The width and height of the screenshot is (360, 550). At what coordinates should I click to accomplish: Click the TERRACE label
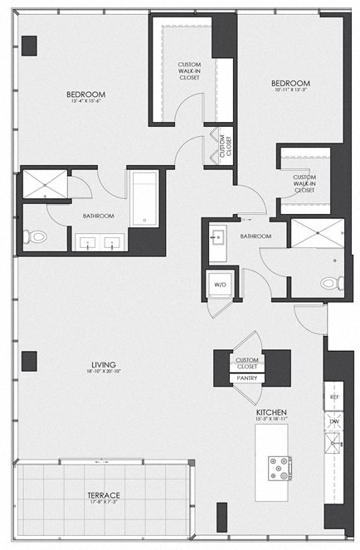[104, 495]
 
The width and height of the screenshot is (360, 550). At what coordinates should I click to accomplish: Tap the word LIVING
[104, 364]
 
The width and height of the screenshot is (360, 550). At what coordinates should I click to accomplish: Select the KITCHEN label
[271, 412]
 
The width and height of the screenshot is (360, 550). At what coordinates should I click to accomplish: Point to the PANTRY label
[247, 377]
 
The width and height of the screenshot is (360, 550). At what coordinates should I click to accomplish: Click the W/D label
[221, 285]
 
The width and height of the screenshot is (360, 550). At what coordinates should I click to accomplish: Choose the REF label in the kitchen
[334, 397]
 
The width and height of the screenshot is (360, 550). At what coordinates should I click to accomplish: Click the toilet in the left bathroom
[36, 237]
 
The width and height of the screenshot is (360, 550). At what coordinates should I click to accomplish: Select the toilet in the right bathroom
[330, 284]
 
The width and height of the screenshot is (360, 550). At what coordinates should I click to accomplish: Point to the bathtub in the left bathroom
[144, 199]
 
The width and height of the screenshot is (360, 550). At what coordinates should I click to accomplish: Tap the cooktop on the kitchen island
[278, 468]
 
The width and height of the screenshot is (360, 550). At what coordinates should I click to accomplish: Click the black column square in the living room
[29, 361]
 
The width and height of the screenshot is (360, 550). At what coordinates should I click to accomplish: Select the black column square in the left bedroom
[30, 45]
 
